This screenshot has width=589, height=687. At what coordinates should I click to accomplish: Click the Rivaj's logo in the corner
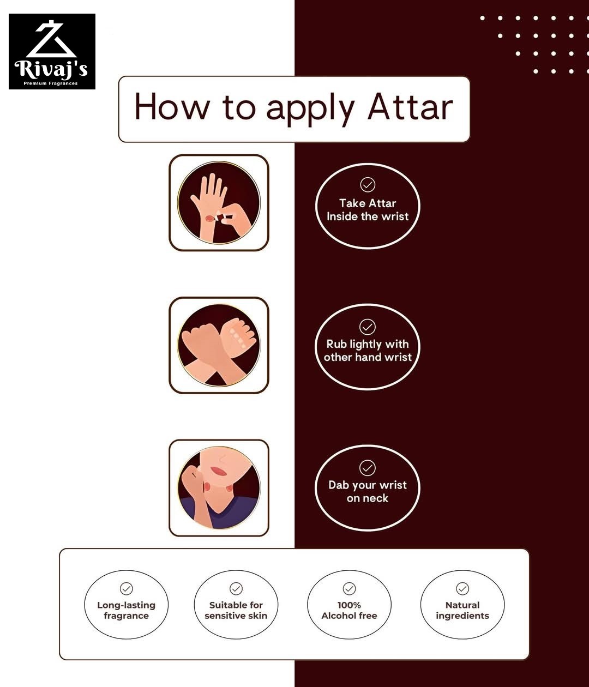(52, 51)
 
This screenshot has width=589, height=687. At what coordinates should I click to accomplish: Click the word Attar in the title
(410, 107)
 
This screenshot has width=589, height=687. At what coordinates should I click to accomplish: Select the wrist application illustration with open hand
(219, 203)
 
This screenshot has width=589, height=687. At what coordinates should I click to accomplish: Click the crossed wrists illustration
(219, 345)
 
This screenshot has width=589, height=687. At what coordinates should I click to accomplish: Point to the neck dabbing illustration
(219, 487)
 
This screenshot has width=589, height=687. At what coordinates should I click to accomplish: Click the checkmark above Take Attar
(368, 184)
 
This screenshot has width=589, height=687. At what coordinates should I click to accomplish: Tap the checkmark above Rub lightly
(367, 327)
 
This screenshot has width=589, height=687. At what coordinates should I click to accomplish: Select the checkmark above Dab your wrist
(367, 468)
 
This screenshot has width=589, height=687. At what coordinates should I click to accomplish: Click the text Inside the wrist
(368, 216)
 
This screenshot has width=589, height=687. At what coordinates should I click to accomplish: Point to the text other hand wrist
(368, 357)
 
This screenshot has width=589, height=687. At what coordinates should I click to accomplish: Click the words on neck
(367, 498)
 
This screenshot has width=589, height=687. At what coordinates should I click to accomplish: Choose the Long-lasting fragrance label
(127, 610)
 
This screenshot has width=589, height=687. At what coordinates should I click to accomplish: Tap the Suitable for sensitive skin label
(236, 610)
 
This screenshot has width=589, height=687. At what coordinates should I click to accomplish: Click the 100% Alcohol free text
(349, 610)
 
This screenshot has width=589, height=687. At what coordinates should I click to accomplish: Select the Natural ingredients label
(462, 610)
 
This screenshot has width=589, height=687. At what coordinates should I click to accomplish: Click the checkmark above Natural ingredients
(462, 589)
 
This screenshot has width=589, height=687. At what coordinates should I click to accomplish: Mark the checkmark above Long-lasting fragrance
(127, 589)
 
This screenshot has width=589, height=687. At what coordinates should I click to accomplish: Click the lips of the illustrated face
(218, 471)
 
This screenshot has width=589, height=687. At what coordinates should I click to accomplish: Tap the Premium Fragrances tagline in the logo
(51, 83)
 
